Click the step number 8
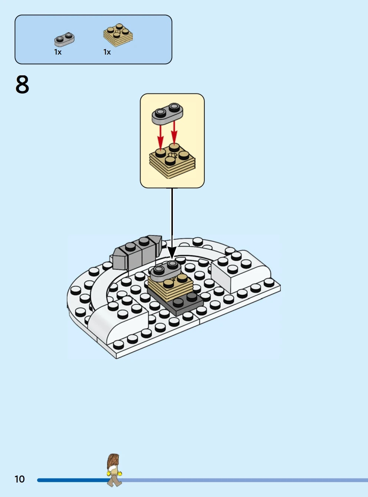(x=22, y=85)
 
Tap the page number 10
(x=20, y=479)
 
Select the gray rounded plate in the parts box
(x=65, y=39)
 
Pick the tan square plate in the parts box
(x=118, y=35)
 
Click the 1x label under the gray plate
(x=58, y=52)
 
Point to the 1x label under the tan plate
(x=107, y=52)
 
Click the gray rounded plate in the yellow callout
(x=167, y=114)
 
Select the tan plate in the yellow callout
(x=172, y=161)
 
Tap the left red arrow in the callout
(x=160, y=137)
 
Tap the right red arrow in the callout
(x=174, y=133)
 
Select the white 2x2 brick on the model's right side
(x=241, y=271)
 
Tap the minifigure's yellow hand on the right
(x=119, y=474)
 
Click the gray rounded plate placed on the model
(x=165, y=271)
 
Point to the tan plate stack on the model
(x=170, y=288)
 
